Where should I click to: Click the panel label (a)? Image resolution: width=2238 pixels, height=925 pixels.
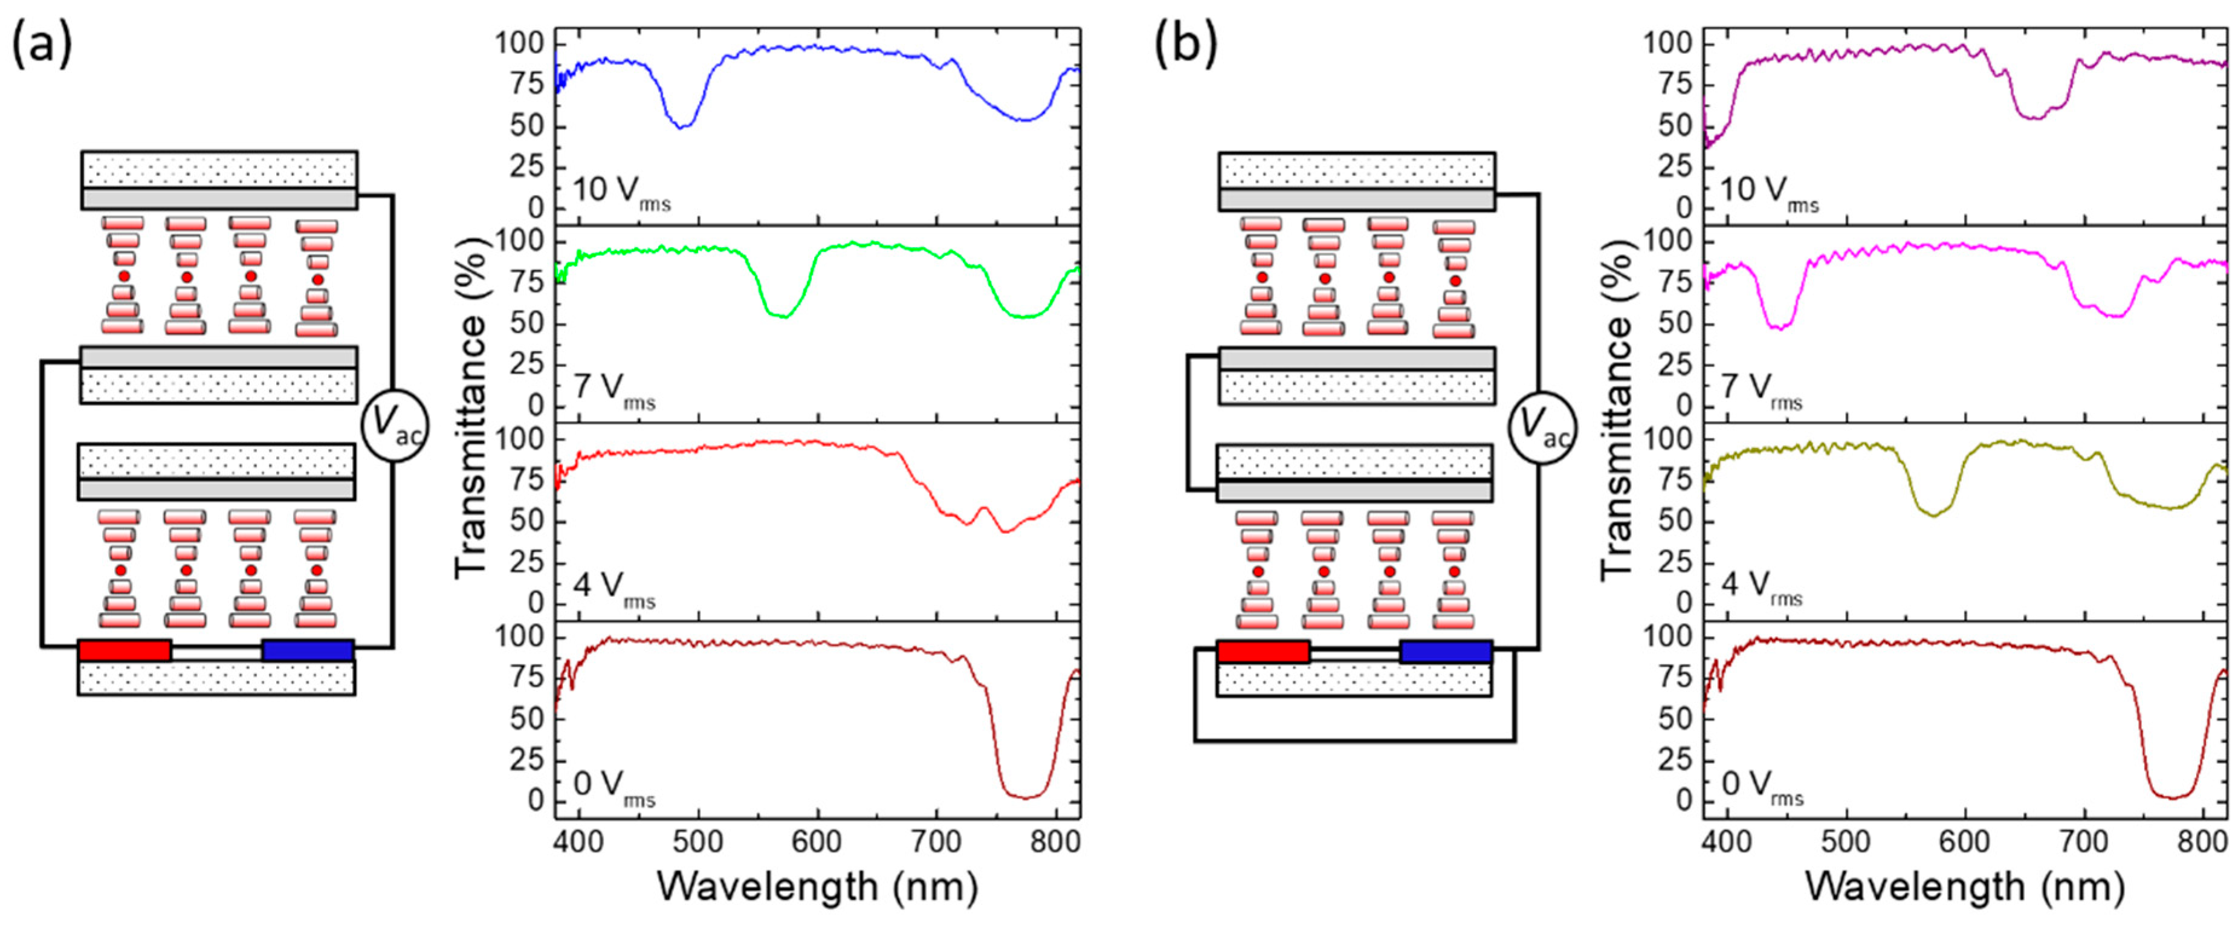41,46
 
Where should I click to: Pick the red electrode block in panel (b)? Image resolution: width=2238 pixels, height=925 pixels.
1263,651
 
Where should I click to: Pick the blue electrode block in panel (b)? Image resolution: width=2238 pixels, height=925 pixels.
1446,651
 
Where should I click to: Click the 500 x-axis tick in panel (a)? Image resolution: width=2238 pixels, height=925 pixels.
699,842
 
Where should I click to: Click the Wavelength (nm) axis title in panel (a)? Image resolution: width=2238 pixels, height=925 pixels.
817,887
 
